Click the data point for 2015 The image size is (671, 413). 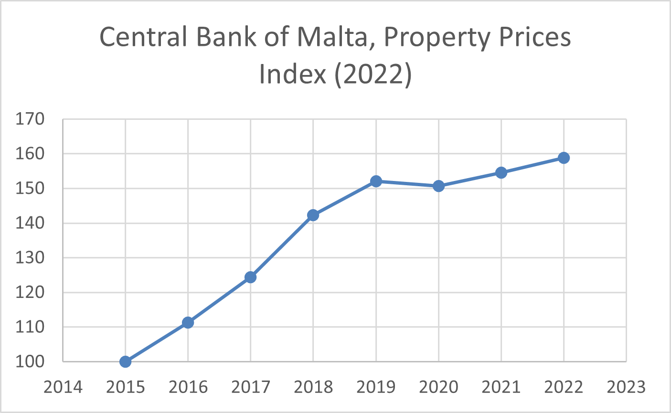[x=125, y=361]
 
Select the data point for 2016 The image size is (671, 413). [x=188, y=323]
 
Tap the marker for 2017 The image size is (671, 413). [x=251, y=277]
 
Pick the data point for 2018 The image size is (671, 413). [x=313, y=215]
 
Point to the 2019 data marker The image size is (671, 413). [x=376, y=181]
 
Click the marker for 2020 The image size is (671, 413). [x=438, y=186]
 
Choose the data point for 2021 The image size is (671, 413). [x=501, y=172]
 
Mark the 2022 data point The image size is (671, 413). [x=564, y=158]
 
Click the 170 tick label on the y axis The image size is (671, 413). [x=30, y=119]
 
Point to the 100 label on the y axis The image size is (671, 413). [x=30, y=361]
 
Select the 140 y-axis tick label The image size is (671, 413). [x=30, y=223]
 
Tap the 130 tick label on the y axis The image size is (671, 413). [x=30, y=258]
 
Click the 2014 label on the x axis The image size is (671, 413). [x=63, y=387]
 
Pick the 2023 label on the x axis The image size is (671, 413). [x=626, y=387]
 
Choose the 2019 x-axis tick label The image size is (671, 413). [x=376, y=387]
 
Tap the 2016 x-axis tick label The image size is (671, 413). [x=188, y=387]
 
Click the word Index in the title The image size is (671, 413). [x=293, y=74]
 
